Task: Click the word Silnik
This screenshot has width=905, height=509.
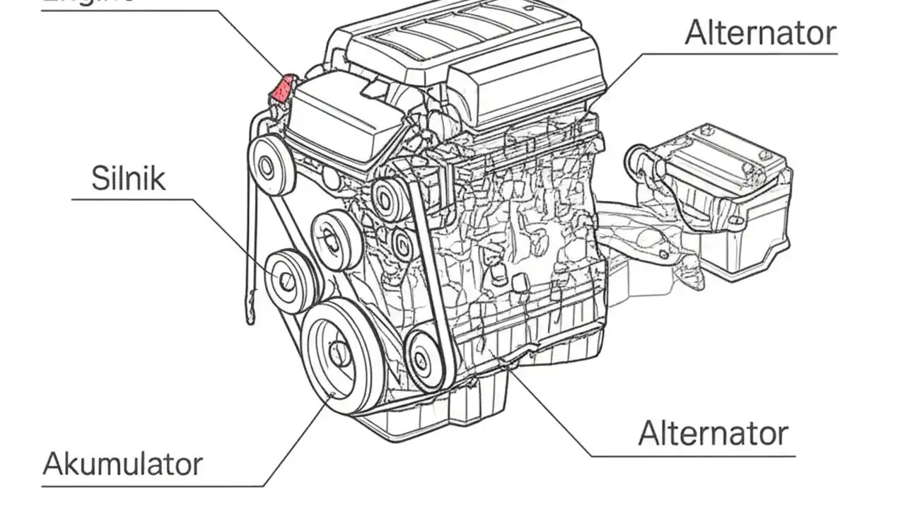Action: [x=129, y=178]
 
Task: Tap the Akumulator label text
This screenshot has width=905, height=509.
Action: [x=122, y=464]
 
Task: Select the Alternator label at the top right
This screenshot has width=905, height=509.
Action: [x=760, y=33]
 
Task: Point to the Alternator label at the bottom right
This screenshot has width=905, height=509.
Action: [x=713, y=433]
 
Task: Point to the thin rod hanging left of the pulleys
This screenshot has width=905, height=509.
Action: [x=249, y=269]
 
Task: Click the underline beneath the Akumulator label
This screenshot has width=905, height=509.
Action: [x=152, y=486]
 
